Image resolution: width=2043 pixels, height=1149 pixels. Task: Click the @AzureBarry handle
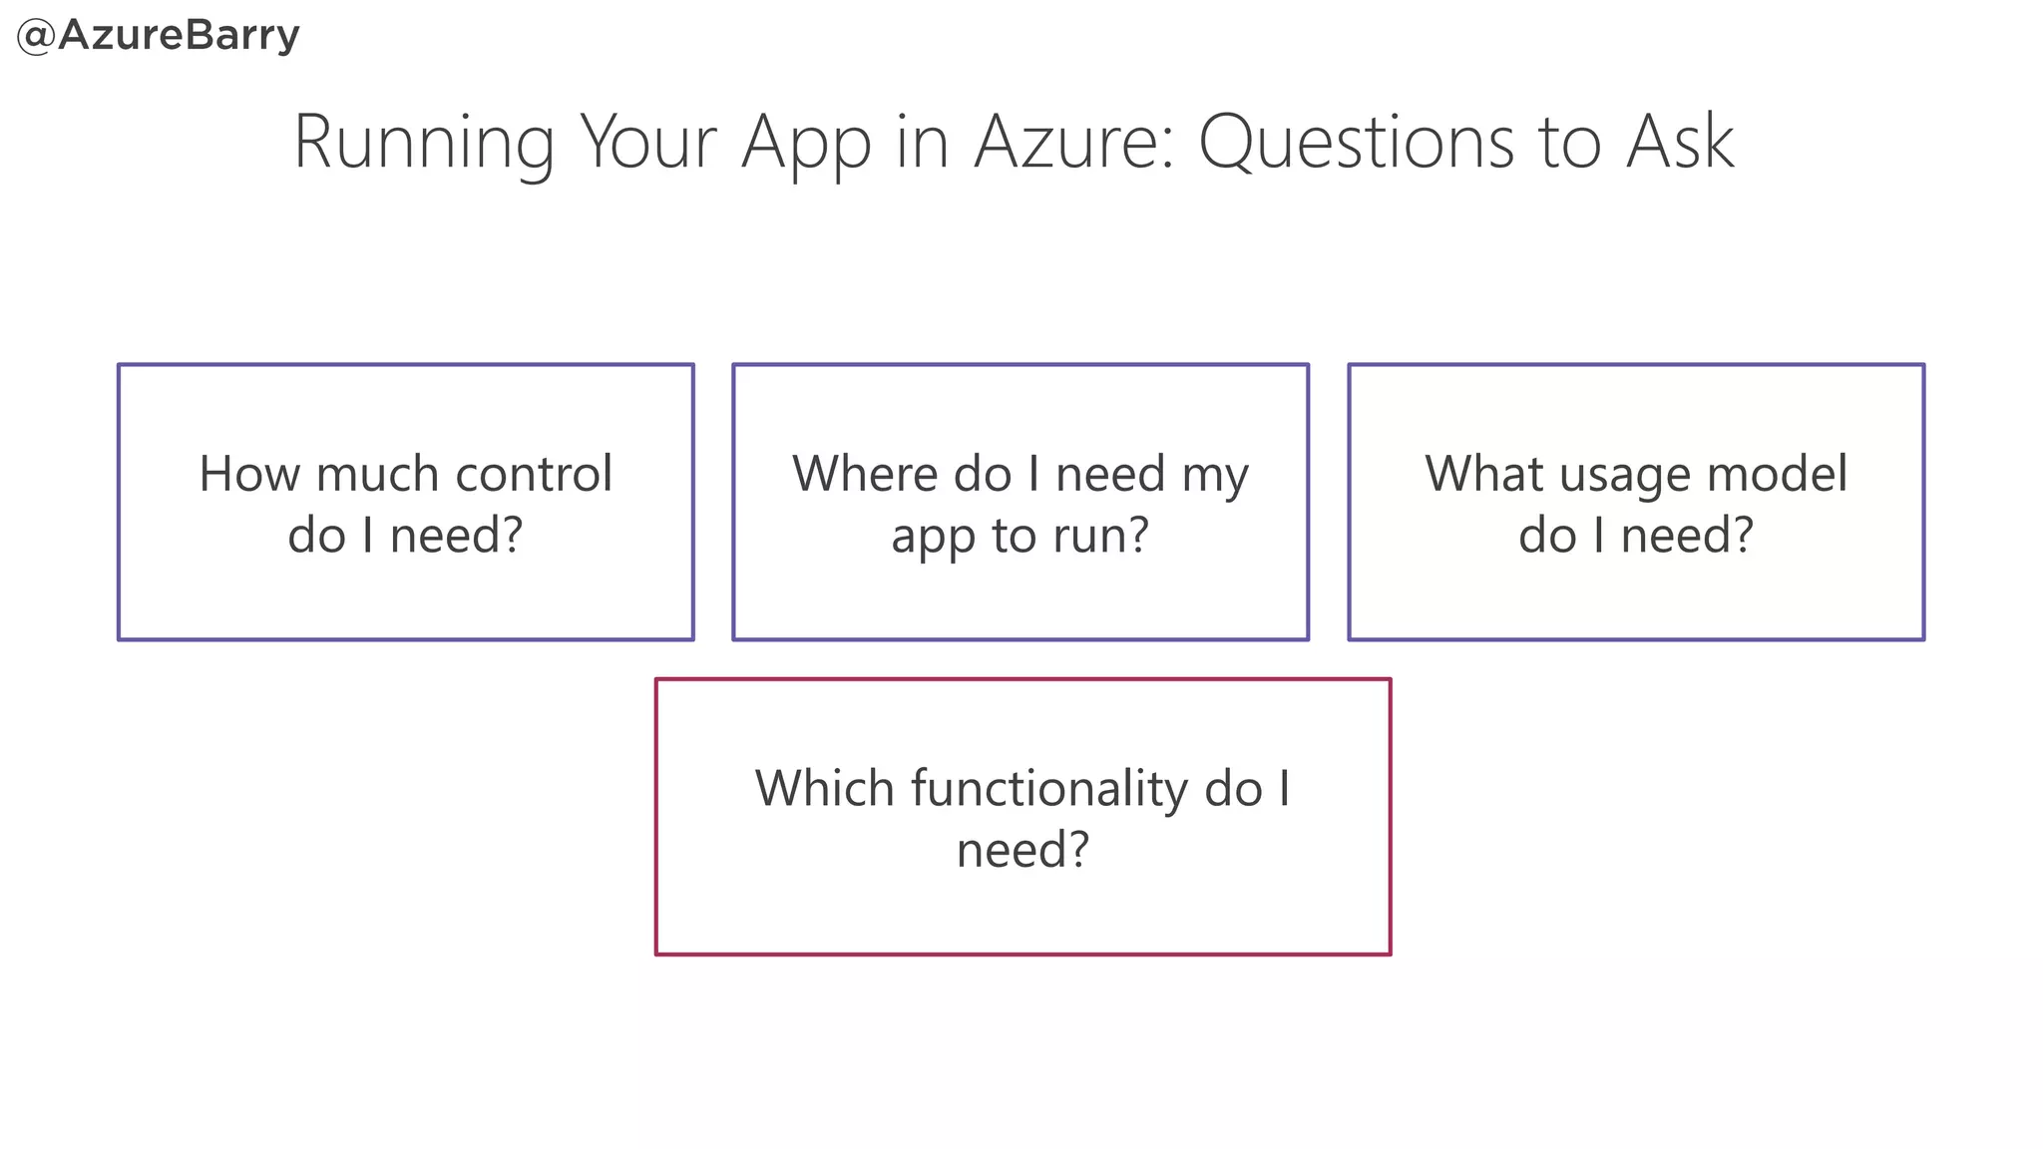pyautogui.click(x=159, y=37)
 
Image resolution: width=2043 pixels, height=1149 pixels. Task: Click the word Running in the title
pyautogui.click(x=423, y=143)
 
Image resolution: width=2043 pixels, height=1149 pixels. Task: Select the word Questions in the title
pyautogui.click(x=1356, y=143)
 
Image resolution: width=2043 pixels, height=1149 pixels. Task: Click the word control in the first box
pyautogui.click(x=533, y=474)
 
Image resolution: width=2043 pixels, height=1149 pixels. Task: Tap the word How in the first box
pyautogui.click(x=247, y=474)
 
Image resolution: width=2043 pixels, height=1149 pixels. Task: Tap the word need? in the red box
pyautogui.click(x=1022, y=851)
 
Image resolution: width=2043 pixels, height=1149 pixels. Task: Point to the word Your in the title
pyautogui.click(x=648, y=143)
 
